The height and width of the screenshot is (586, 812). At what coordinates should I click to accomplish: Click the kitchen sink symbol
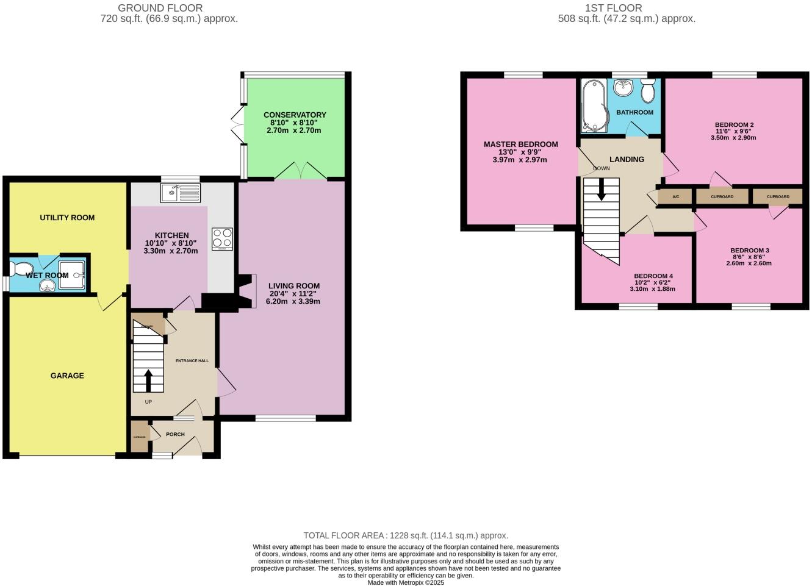(181, 193)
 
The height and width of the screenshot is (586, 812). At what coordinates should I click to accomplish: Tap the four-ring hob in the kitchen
(222, 238)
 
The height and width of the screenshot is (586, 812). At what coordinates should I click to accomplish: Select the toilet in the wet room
(23, 269)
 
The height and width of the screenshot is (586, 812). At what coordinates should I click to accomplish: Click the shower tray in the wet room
(72, 274)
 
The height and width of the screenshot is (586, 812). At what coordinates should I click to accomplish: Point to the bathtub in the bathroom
(592, 105)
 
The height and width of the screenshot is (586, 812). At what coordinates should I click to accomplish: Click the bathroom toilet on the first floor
(648, 91)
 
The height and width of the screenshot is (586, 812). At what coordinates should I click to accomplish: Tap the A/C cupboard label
(676, 196)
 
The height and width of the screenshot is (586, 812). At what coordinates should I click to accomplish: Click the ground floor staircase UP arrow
(148, 381)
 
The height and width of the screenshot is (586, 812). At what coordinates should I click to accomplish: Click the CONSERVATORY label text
(295, 115)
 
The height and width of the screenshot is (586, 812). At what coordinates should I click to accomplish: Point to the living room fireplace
(247, 291)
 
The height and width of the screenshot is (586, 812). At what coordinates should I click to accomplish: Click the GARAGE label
(67, 376)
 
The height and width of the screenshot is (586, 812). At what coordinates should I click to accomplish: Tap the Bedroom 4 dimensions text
(652, 286)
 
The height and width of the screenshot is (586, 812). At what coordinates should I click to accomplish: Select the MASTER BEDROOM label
(520, 145)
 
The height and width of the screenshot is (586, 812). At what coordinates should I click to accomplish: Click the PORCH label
(175, 434)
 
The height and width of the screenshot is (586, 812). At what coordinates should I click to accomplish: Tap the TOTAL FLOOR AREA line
(406, 535)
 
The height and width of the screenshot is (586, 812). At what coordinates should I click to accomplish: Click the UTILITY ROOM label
(67, 218)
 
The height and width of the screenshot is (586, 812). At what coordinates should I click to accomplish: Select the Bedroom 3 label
(749, 251)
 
